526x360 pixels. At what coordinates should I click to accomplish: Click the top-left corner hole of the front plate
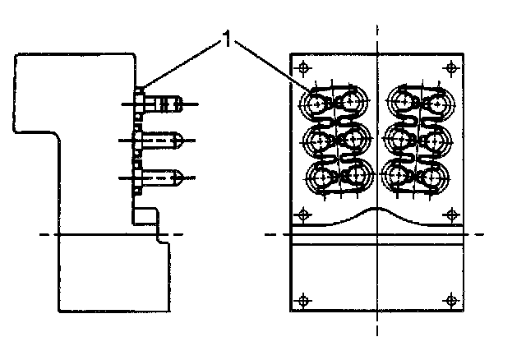[304, 67]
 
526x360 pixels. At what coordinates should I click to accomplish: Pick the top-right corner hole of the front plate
[449, 67]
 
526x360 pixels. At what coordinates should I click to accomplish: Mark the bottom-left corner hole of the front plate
[304, 300]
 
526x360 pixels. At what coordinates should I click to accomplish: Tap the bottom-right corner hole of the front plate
[449, 300]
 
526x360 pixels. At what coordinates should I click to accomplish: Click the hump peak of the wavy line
[376, 210]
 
